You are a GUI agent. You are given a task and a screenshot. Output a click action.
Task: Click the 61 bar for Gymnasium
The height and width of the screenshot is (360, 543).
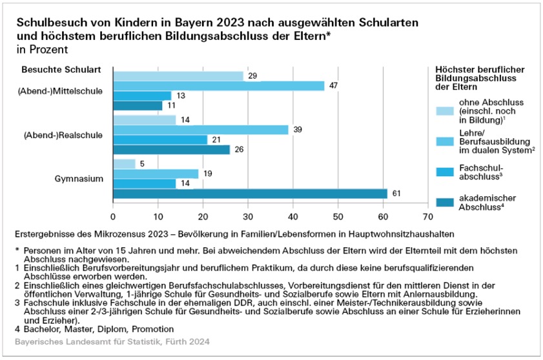click(251, 194)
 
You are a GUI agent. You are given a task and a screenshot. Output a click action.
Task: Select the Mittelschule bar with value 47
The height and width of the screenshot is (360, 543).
click(219, 86)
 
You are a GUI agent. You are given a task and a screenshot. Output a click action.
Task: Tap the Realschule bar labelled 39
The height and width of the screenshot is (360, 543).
click(201, 130)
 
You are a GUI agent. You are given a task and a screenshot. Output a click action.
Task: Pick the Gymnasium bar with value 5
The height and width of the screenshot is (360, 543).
click(125, 164)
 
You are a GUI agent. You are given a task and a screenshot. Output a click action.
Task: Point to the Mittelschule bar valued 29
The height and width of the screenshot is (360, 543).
click(178, 76)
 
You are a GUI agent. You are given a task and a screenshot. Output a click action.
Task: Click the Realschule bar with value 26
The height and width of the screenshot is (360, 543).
click(172, 150)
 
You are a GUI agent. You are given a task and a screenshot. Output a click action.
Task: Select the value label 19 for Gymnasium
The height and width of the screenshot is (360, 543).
click(207, 174)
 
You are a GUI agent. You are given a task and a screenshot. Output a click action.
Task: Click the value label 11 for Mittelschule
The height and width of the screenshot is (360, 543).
click(171, 106)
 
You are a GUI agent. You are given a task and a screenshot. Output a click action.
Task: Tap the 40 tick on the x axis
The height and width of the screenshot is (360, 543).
click(293, 216)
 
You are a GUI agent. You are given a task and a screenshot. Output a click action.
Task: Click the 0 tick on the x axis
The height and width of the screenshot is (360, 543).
click(114, 216)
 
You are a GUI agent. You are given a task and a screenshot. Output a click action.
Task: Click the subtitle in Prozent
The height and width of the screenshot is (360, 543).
click(39, 48)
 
